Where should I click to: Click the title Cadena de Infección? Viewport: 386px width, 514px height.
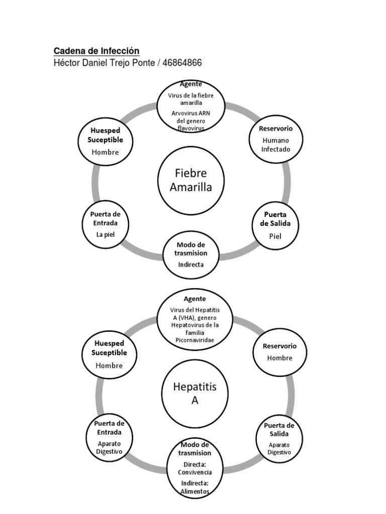tap(96, 51)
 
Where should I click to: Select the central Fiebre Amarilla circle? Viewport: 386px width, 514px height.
tap(190, 180)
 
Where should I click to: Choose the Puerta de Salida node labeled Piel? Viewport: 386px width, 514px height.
tap(275, 225)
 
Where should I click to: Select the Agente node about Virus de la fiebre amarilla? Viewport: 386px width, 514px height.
tap(190, 106)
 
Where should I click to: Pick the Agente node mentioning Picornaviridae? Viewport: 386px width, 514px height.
tap(195, 320)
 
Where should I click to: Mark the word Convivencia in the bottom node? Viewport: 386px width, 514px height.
tap(195, 472)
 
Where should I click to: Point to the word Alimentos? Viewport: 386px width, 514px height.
tap(195, 491)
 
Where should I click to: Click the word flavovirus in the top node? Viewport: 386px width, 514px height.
tap(191, 128)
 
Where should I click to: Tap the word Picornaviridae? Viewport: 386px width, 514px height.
tap(195, 340)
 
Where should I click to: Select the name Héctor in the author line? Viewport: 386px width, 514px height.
tap(67, 63)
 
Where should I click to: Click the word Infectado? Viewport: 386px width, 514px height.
tap(275, 149)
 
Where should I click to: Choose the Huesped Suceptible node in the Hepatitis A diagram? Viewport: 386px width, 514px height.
tap(109, 354)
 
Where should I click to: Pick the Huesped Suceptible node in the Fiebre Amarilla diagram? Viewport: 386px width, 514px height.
tap(106, 142)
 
